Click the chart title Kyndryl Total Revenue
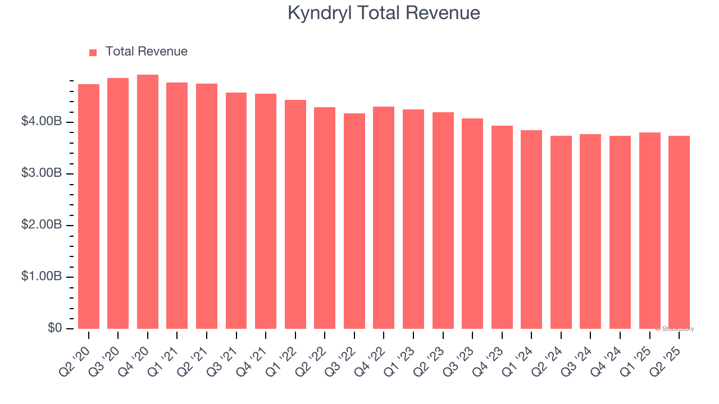(x=384, y=13)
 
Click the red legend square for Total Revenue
(x=93, y=52)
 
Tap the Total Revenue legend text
(x=146, y=52)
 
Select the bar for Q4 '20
(x=148, y=202)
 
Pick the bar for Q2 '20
(x=89, y=206)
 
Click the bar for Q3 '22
(x=354, y=221)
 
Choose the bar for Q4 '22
(x=384, y=218)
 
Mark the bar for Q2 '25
(x=679, y=232)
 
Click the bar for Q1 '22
(x=295, y=214)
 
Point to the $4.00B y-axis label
(x=42, y=122)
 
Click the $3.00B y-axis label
(x=42, y=173)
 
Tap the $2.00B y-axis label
(x=42, y=225)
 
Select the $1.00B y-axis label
(x=42, y=277)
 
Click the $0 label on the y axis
(x=54, y=328)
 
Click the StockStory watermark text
(x=675, y=329)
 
